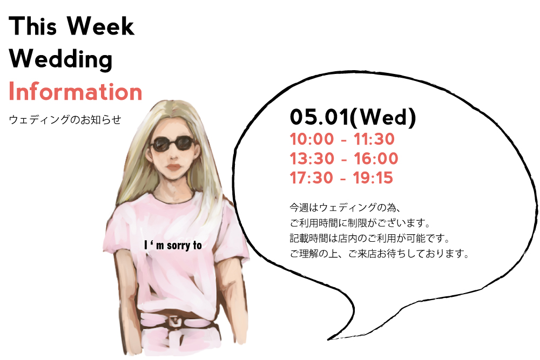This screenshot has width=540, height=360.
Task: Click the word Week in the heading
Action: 100,26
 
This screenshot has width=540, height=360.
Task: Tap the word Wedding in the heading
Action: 60,59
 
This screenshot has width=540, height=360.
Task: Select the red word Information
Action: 76,92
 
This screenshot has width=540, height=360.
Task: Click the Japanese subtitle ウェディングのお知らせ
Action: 65,119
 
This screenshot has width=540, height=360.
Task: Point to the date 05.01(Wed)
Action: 353,117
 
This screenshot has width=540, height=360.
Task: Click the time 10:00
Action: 312,139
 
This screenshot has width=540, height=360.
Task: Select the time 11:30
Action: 374,139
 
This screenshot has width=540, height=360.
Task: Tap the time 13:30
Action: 312,159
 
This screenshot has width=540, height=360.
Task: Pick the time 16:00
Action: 376,159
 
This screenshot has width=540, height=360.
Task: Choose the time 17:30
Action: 312,178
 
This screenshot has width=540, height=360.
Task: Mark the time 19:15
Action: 373,178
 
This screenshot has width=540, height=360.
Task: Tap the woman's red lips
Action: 173,168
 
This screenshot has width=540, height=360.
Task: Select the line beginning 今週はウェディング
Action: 345,208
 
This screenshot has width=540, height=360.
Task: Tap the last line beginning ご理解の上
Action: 380,254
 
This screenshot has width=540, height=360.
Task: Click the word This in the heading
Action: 33,26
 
